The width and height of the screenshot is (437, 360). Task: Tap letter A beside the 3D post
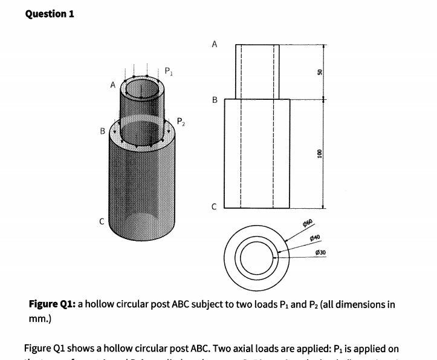click(x=112, y=85)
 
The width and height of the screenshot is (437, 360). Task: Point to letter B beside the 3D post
click(x=102, y=131)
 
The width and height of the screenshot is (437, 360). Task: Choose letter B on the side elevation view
click(x=214, y=100)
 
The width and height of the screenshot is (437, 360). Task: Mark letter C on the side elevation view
click(x=214, y=209)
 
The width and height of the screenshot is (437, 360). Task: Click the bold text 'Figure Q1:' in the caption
click(x=53, y=304)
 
